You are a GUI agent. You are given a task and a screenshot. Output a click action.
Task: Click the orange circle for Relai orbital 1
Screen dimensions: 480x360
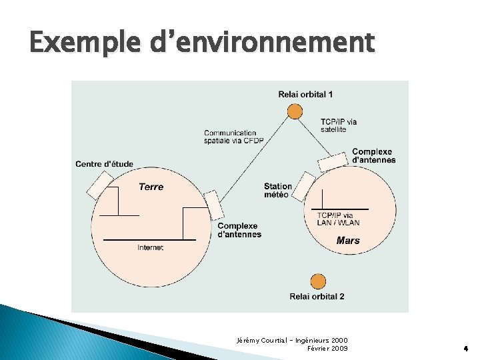tap(295, 111)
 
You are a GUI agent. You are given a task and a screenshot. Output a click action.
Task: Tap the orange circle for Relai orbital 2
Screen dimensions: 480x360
tap(318, 281)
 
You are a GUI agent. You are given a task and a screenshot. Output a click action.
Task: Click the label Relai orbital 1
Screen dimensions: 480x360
tap(305, 94)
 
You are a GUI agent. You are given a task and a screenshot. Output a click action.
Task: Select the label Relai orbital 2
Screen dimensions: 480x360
tap(317, 297)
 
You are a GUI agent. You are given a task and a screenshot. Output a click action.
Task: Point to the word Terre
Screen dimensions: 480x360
tap(151, 187)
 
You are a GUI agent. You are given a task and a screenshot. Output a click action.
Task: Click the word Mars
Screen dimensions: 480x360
tap(348, 241)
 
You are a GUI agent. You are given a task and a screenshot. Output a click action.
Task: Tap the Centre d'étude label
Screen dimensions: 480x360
tap(104, 164)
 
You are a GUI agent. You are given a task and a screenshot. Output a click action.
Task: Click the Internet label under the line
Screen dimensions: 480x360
tap(150, 248)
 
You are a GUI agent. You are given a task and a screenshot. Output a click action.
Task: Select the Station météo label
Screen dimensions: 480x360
tap(277, 191)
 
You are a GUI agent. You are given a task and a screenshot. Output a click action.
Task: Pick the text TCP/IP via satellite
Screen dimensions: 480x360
tap(338, 125)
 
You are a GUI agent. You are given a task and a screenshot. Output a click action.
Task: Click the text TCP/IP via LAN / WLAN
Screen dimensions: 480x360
tap(338, 219)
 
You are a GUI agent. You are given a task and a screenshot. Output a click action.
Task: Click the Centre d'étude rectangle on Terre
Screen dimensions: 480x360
tap(100, 185)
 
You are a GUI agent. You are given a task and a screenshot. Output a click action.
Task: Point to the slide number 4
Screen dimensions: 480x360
tap(465, 348)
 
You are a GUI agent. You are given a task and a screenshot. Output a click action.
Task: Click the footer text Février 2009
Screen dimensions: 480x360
tap(327, 348)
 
